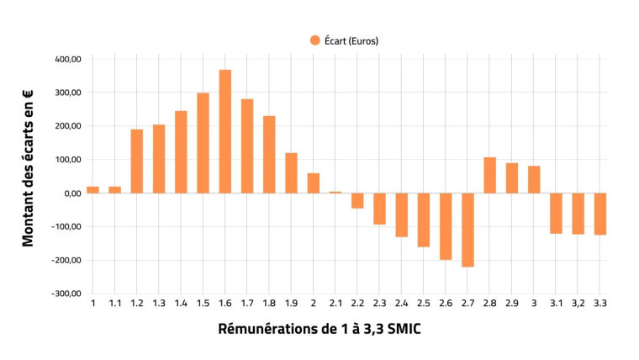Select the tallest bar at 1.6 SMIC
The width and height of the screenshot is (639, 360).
(224, 131)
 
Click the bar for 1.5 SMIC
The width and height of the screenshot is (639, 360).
(203, 143)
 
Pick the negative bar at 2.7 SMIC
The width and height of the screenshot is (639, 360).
(467, 230)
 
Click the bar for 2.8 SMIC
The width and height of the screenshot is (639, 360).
(489, 175)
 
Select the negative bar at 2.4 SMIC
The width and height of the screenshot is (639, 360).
(401, 214)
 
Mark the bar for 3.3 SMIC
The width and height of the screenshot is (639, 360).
(599, 214)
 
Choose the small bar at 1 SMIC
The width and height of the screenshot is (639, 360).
(92, 190)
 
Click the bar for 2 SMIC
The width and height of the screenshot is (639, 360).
(313, 183)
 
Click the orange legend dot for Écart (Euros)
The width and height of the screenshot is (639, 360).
(315, 40)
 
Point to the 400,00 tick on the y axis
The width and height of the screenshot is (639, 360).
(66, 59)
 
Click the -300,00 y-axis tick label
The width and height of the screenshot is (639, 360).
(65, 294)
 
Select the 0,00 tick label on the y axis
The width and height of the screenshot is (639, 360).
(70, 193)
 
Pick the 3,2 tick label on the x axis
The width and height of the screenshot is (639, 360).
(578, 303)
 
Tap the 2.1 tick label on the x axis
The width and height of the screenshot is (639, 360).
(335, 303)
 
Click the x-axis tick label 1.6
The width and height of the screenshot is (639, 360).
(224, 303)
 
